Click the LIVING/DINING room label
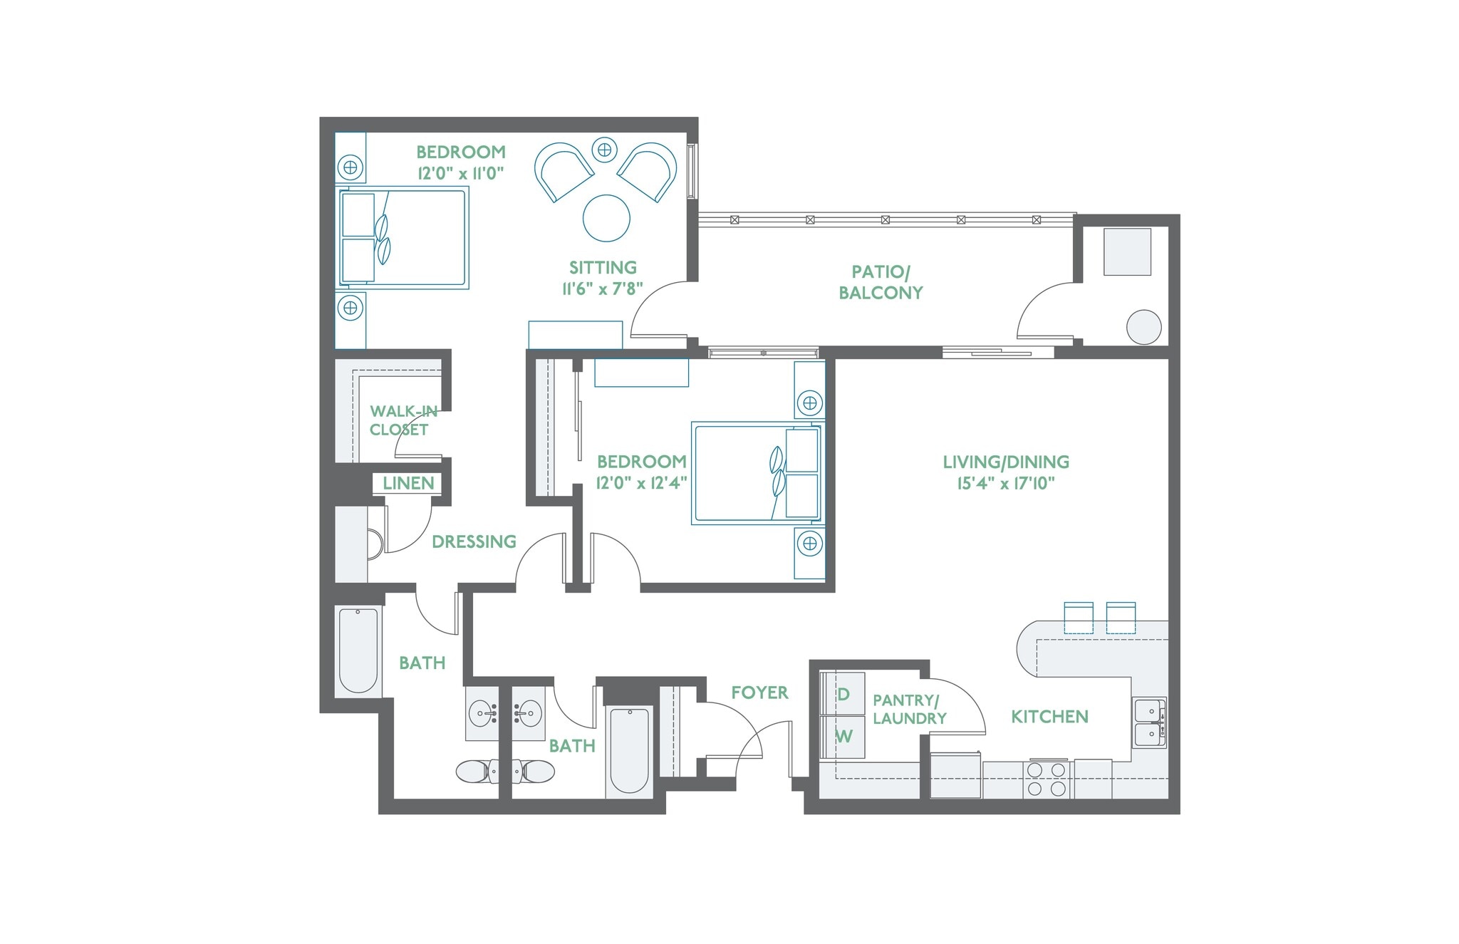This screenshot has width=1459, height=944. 1005,462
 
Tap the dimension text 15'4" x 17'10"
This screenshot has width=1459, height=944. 1005,484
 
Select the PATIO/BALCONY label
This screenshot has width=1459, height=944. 881,282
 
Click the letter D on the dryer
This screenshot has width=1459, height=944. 843,694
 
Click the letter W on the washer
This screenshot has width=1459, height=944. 843,737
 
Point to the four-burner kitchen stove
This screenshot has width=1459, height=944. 1047,779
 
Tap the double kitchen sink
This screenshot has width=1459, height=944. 1149,722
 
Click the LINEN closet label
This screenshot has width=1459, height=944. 408,483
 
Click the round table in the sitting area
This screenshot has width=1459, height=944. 606,218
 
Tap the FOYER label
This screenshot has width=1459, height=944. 759,693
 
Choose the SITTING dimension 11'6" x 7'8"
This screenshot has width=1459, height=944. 603,289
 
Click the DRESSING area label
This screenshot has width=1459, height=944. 474,541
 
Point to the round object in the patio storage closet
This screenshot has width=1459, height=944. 1143,328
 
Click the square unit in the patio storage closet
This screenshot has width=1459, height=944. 1127,251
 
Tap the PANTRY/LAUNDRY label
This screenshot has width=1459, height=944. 909,710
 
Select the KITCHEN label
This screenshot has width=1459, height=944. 1049,717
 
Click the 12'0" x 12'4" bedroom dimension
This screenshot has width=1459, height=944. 641,483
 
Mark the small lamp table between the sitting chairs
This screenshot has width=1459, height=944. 604,150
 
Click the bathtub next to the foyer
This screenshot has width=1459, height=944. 629,750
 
